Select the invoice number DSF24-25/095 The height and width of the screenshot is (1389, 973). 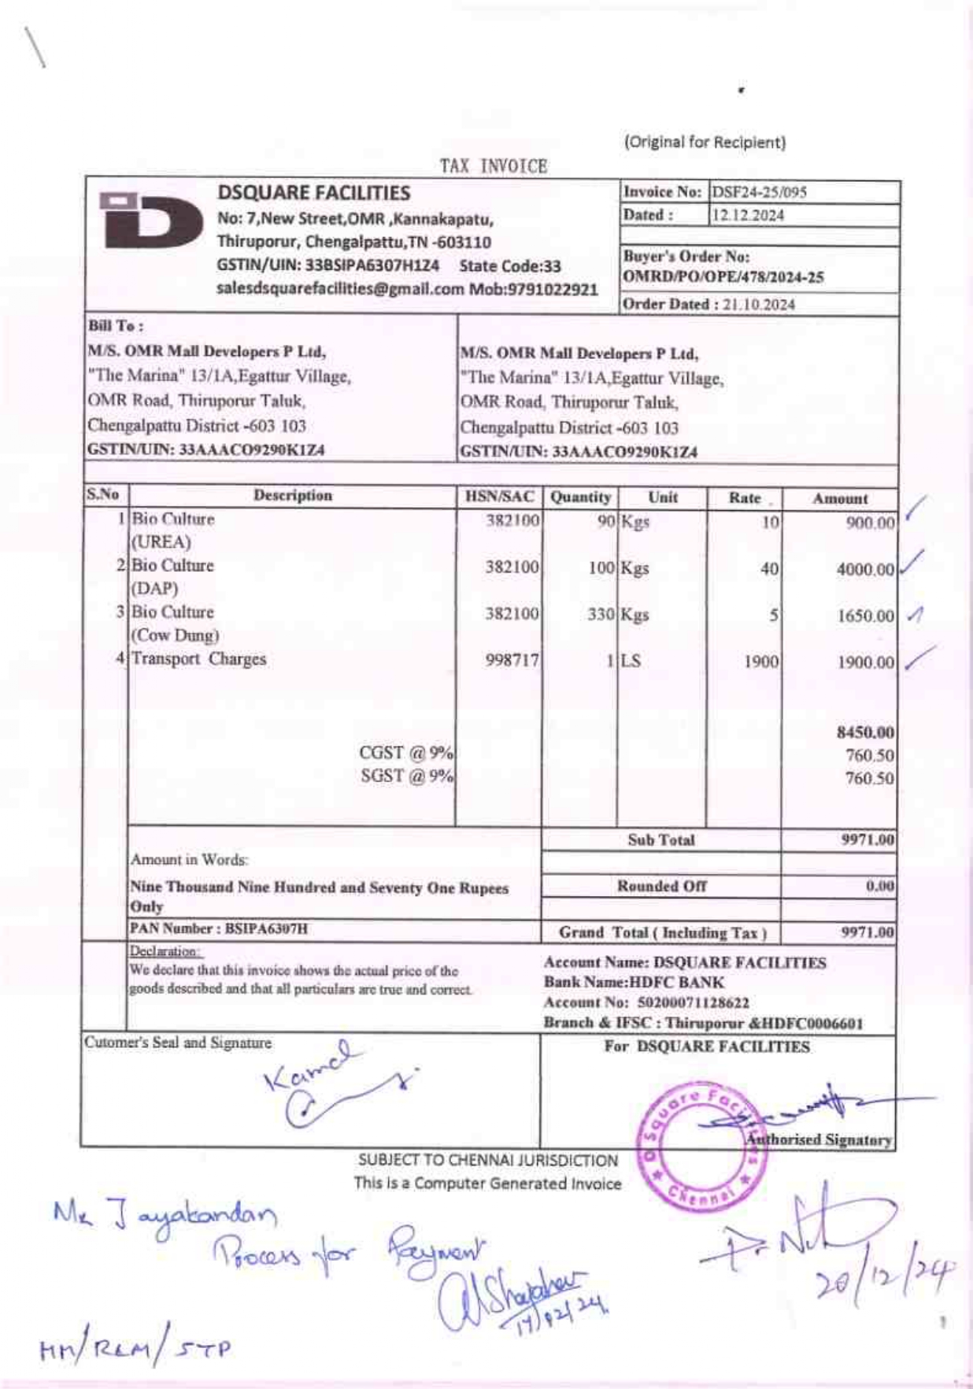click(759, 192)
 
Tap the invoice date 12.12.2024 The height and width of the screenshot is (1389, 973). click(748, 215)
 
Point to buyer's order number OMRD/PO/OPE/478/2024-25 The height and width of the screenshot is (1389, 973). click(723, 277)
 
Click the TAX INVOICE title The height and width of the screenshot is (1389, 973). click(494, 166)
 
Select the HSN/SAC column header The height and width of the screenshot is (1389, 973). click(499, 497)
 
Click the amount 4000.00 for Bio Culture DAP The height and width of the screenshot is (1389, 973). click(865, 569)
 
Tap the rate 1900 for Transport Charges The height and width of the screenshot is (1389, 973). click(760, 662)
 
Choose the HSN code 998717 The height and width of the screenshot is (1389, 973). click(512, 661)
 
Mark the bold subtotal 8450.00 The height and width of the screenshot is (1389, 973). click(865, 733)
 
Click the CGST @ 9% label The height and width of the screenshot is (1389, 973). click(406, 753)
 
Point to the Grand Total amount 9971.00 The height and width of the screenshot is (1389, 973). click(868, 933)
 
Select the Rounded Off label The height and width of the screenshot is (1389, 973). click(661, 887)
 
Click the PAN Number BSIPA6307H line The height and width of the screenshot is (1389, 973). click(219, 928)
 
